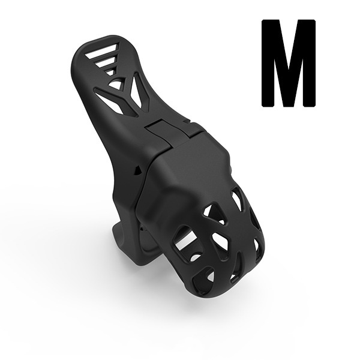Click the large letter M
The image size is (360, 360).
[288, 63]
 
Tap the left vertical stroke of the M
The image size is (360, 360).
[269, 63]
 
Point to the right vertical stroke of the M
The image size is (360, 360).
[307, 63]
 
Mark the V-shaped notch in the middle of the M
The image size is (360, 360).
[288, 36]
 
